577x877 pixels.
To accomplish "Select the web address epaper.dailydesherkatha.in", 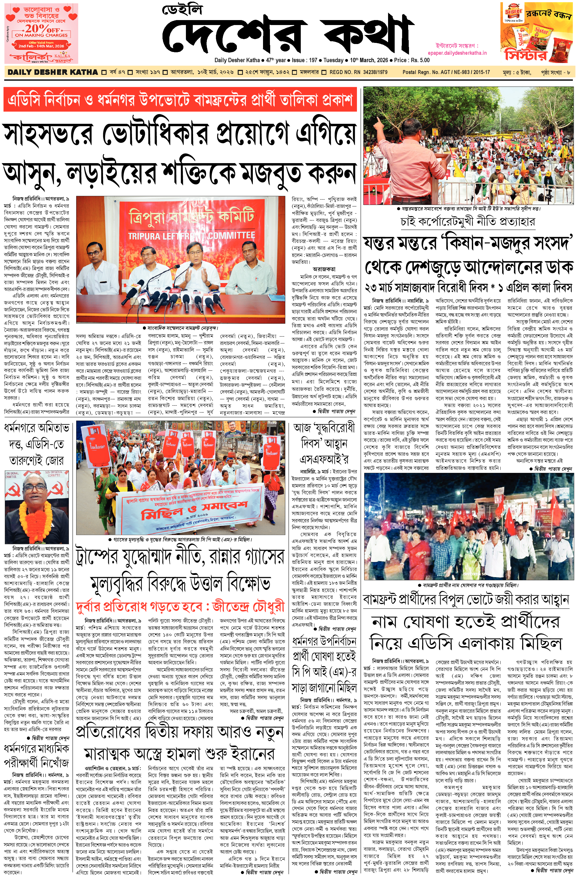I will coord(457,53).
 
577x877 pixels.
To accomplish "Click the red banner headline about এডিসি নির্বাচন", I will coord(180,100).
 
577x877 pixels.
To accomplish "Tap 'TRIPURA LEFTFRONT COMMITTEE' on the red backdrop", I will coord(191,235).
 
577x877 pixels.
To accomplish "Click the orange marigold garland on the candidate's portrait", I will coord(37,516).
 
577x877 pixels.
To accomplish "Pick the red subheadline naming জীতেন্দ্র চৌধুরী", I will coord(180,607).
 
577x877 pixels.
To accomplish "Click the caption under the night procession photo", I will coord(468,585).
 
